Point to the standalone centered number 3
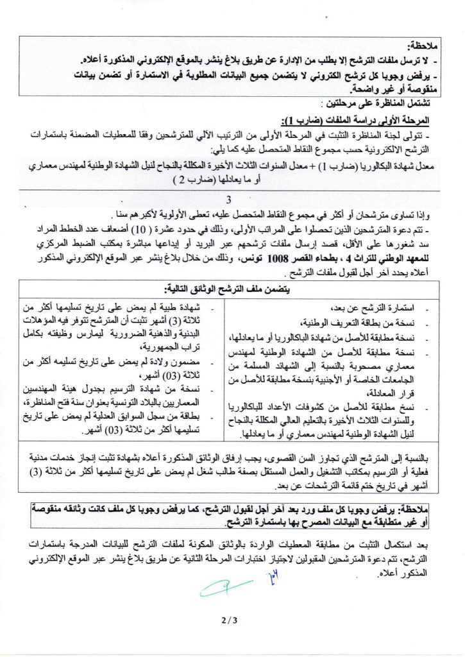(x=237, y=200)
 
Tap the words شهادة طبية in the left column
(x=187, y=307)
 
